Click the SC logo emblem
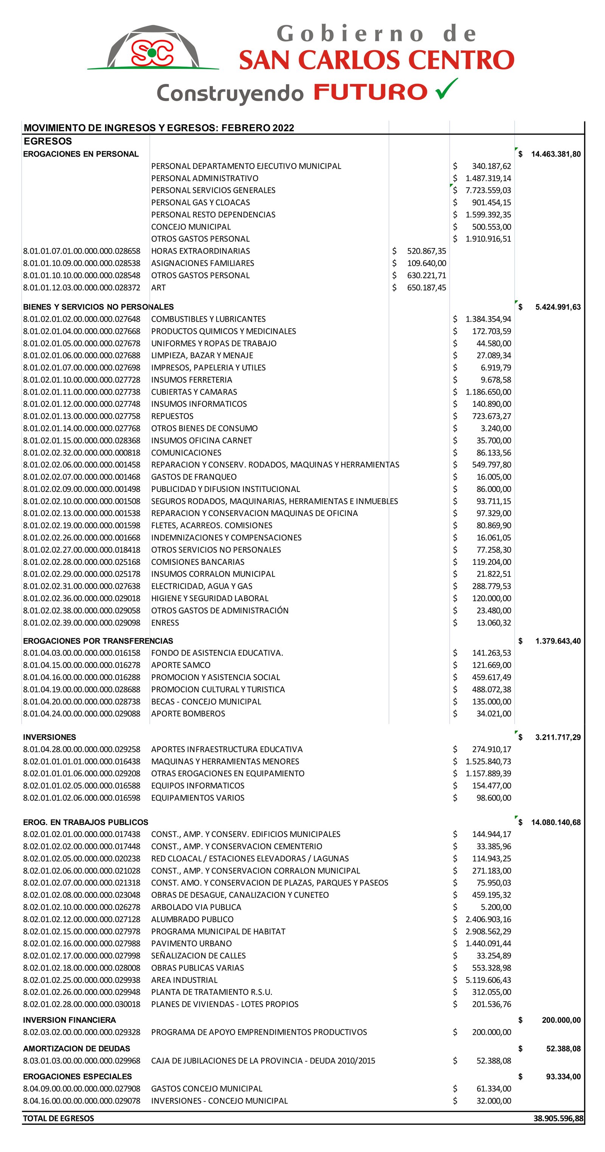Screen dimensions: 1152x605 tap(152, 53)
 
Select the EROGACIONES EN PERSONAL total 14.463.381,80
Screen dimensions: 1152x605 tap(555, 154)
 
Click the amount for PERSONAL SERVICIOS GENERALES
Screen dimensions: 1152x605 tap(488, 191)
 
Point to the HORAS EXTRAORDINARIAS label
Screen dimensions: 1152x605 tap(200, 251)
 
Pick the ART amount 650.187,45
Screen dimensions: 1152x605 tap(426, 288)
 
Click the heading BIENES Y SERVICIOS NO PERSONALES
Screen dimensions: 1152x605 tap(98, 307)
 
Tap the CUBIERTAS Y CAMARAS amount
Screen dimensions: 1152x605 tap(488, 392)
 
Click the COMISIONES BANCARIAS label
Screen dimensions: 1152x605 tap(198, 562)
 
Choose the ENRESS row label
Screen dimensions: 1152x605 tap(165, 623)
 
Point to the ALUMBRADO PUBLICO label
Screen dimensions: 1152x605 tap(192, 919)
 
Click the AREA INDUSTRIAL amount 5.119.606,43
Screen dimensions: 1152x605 tap(488, 980)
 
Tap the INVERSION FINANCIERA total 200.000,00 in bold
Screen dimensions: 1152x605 tap(561, 1020)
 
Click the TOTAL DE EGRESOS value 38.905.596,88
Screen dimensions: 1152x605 tap(558, 1118)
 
